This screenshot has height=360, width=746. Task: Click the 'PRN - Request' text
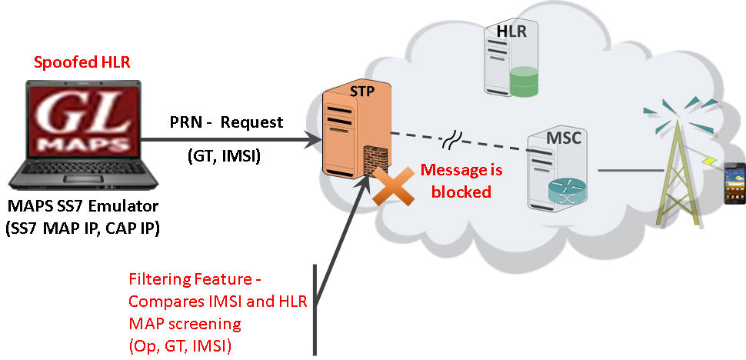point(227,122)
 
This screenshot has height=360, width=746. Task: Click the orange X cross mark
point(389,189)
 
